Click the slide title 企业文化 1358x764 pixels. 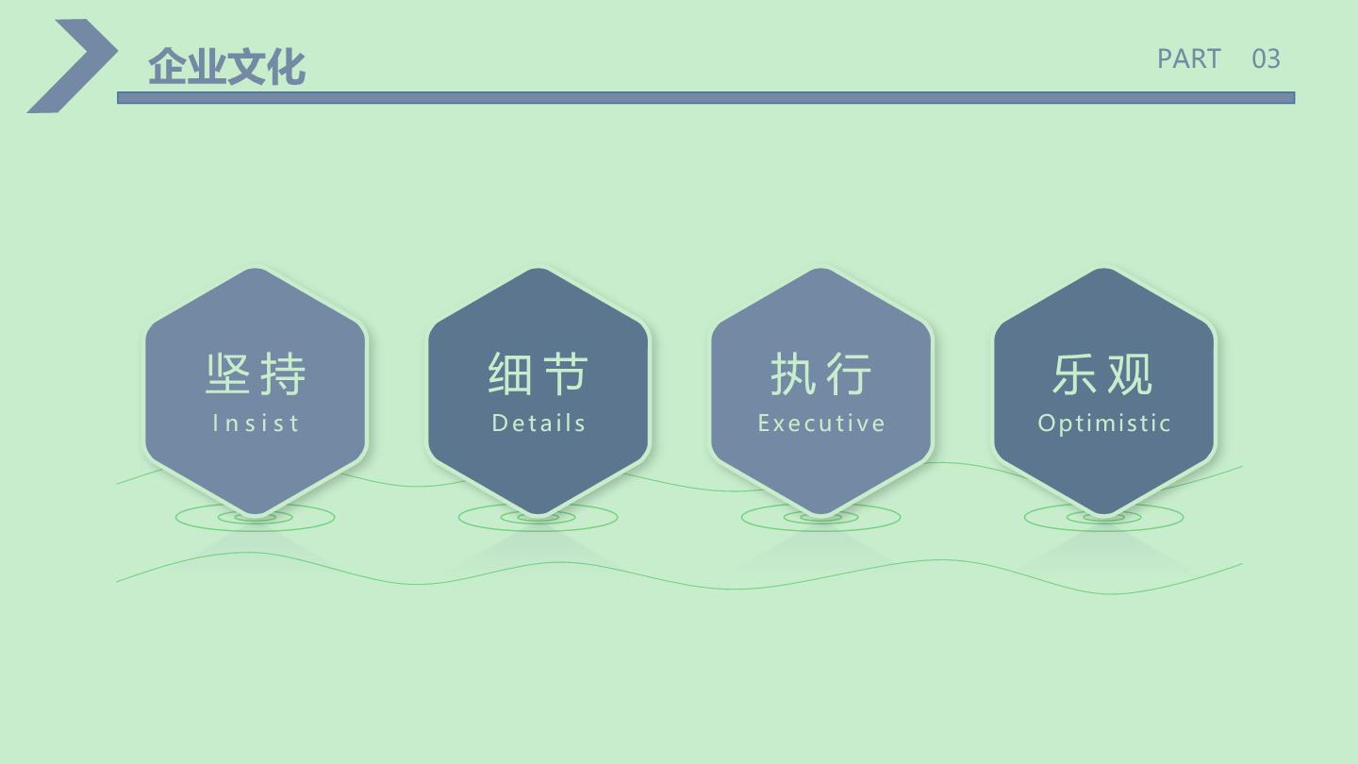(226, 66)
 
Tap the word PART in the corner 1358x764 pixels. (1188, 59)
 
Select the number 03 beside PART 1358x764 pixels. (1266, 59)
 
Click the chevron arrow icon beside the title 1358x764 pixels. (72, 65)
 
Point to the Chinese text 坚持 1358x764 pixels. (256, 374)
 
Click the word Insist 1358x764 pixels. (256, 423)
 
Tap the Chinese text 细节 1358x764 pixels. (538, 374)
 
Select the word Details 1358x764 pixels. (538, 423)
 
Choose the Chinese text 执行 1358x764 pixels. (821, 374)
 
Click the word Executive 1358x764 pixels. (821, 423)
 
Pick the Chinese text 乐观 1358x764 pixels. (1103, 374)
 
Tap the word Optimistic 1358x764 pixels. (1104, 424)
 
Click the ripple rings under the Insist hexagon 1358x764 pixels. (256, 530)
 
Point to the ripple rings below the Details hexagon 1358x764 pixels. (538, 530)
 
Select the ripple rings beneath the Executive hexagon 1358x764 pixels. (820, 530)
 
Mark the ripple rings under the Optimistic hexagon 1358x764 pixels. (1104, 530)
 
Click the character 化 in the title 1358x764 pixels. (286, 66)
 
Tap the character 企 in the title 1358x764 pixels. (167, 66)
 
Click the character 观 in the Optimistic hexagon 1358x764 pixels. (1131, 374)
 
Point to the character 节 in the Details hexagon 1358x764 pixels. (566, 374)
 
